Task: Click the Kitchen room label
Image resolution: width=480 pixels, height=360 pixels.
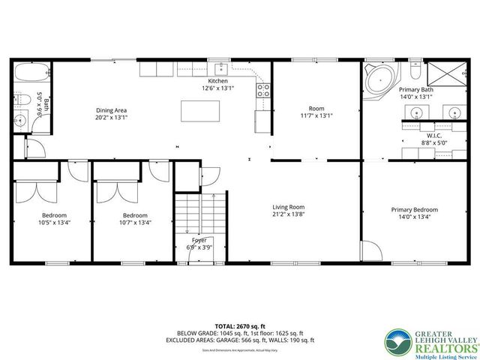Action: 217,81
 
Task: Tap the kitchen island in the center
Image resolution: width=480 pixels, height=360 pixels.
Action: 200,110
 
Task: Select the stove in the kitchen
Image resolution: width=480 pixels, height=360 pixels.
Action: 263,91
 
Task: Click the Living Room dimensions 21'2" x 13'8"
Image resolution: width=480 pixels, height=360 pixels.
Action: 288,214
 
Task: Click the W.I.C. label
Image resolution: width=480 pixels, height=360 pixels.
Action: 430,135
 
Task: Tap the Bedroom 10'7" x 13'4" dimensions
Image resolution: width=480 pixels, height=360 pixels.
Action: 135,222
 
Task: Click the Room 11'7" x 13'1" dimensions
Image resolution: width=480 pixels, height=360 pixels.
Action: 316,115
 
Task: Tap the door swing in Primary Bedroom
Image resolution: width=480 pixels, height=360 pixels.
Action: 369,250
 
